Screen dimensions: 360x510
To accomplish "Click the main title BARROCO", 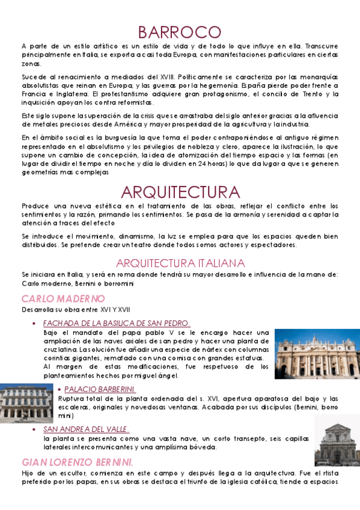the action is coord(180,31).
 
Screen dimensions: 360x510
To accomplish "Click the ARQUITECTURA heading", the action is coord(180,192).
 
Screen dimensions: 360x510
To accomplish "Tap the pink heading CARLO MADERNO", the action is coord(63,299).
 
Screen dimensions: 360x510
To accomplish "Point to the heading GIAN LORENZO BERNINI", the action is coord(78,462).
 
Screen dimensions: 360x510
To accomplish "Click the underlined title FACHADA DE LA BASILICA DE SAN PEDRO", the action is coord(117,323).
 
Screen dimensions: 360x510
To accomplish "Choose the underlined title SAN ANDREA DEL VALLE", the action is coord(86,429).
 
